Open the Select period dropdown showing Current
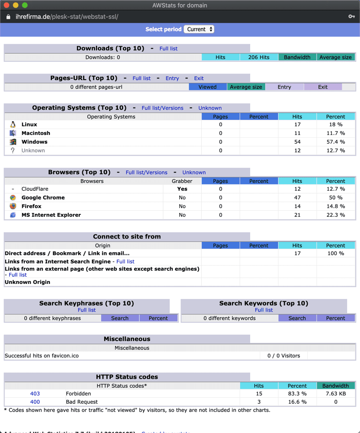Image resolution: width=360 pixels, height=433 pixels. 199,29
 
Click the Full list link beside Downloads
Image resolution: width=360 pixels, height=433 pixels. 168,48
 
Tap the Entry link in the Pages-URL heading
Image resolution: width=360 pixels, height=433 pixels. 172,78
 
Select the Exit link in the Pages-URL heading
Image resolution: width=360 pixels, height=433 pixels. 199,78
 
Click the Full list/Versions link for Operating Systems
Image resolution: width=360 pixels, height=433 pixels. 162,108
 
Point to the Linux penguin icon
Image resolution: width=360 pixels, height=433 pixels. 13,124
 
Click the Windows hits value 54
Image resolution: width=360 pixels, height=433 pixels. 297,142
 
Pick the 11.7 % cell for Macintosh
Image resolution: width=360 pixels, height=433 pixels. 335,133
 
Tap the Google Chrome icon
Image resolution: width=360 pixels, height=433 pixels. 13,198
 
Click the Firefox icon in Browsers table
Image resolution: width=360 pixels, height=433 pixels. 13,206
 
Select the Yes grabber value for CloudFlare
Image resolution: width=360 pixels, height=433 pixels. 182,189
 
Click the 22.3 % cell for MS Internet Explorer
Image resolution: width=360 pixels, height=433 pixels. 335,215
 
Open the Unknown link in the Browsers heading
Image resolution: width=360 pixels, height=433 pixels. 194,172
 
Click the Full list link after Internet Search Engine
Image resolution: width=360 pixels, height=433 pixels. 125,262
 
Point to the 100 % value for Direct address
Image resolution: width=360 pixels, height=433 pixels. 335,253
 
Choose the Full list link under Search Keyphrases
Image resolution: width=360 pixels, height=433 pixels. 86,310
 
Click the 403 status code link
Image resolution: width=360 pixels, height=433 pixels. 35,394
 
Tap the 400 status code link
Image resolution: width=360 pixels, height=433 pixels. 35,402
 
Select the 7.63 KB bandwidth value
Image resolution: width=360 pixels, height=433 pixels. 335,394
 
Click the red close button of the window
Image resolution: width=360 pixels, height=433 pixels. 6,5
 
